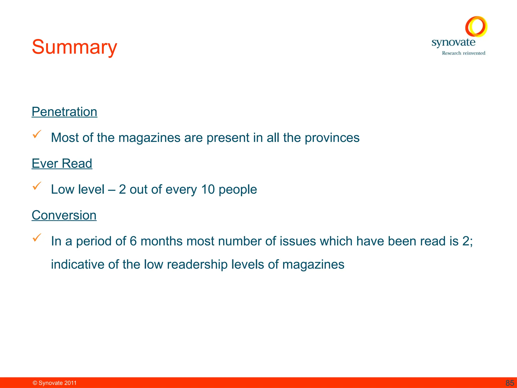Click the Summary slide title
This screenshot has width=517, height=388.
[74, 47]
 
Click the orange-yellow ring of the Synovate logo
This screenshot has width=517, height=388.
[476, 26]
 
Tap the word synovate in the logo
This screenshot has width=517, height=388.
[453, 42]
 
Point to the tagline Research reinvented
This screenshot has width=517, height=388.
[463, 53]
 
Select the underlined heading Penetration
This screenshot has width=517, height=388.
[64, 112]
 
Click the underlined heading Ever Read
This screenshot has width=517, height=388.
[62, 164]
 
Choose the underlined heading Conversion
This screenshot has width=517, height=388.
[64, 215]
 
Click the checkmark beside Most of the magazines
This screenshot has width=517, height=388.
[37, 134]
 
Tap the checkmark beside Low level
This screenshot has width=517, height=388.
[37, 186]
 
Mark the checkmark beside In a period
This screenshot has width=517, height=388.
[37, 238]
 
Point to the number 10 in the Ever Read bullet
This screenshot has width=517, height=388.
[208, 189]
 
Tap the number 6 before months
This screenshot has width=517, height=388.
[133, 241]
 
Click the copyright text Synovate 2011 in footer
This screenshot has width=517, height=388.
[55, 383]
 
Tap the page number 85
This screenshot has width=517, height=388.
[510, 383]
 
